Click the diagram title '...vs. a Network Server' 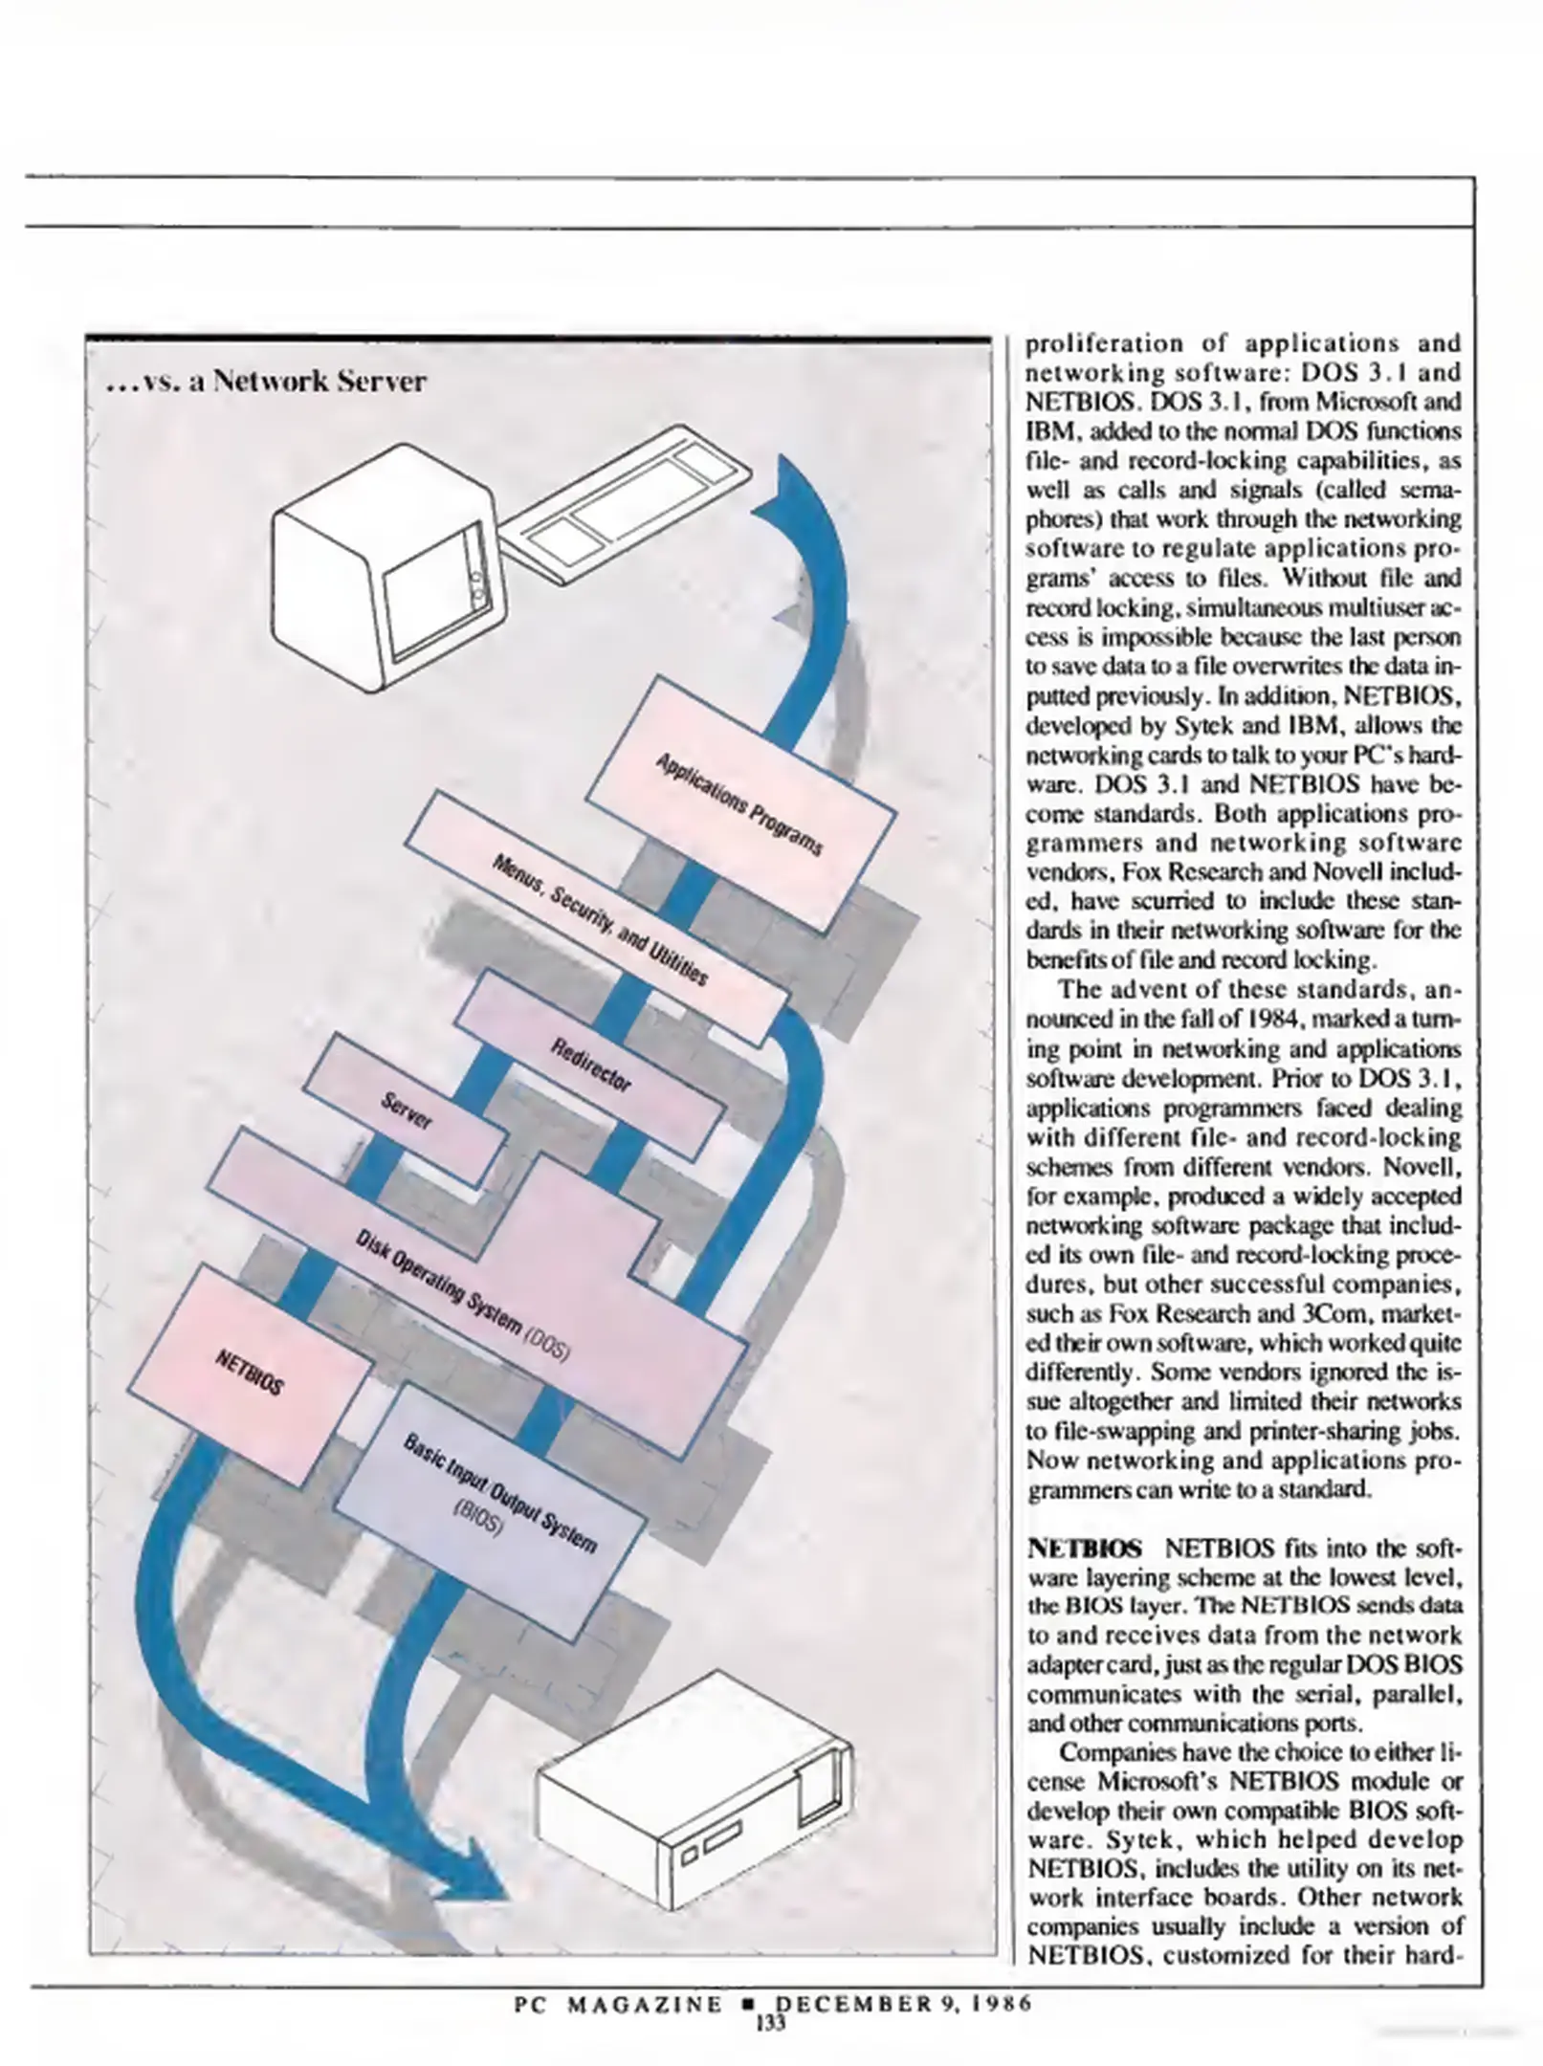pyautogui.click(x=266, y=382)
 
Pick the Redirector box pyautogui.click(x=590, y=1066)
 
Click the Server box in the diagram pyautogui.click(x=406, y=1111)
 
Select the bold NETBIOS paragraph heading pyautogui.click(x=1084, y=1548)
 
